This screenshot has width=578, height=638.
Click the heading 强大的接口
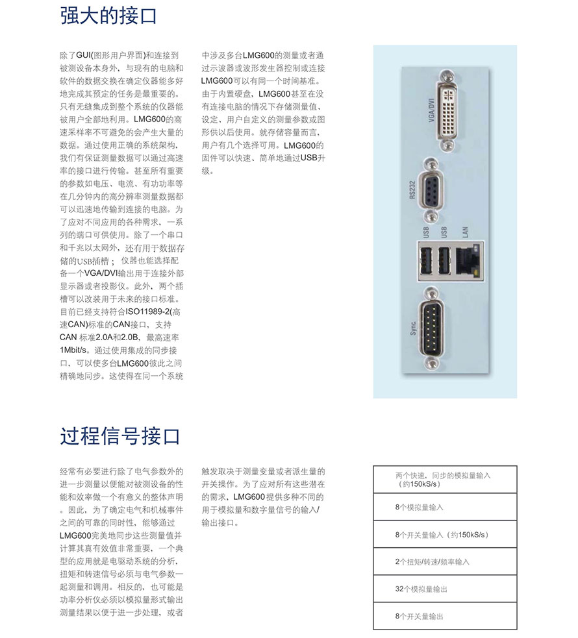pyautogui.click(x=108, y=15)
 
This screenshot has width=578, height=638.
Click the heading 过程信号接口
pyautogui.click(x=119, y=436)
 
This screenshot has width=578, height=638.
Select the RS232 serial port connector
pyautogui.click(x=431, y=190)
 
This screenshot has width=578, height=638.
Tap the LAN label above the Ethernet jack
pyautogui.click(x=464, y=232)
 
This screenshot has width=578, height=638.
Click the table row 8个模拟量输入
pyautogui.click(x=445, y=507)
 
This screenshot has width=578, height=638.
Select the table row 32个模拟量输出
pyautogui.click(x=445, y=589)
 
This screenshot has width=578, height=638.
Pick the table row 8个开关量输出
pyautogui.click(x=445, y=616)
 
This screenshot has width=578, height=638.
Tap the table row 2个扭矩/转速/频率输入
pyautogui.click(x=445, y=561)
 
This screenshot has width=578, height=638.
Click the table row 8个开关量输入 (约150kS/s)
pyautogui.click(x=445, y=534)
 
